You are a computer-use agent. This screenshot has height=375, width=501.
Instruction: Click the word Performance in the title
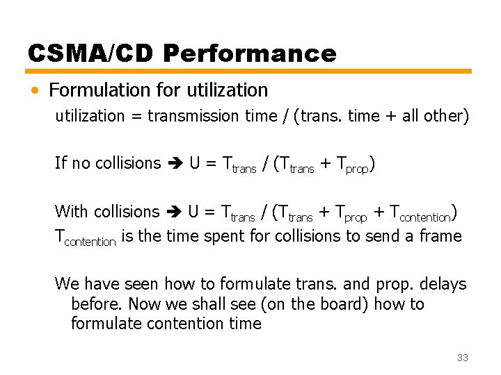[x=255, y=53]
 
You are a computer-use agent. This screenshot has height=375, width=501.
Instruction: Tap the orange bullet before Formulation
[x=35, y=90]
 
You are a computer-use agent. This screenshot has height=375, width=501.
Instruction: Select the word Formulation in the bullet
[x=98, y=90]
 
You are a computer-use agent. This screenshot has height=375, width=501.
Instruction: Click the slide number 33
[x=462, y=358]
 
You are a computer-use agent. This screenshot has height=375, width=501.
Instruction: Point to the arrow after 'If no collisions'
[x=174, y=164]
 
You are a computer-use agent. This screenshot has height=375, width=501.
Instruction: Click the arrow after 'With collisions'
[x=173, y=212]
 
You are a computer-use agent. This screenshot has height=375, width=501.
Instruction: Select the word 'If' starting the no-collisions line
[x=61, y=163]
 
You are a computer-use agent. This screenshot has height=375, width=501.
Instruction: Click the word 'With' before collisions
[x=71, y=211]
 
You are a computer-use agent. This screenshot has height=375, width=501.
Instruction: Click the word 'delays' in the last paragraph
[x=443, y=284]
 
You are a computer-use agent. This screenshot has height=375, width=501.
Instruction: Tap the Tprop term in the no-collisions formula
[x=352, y=165]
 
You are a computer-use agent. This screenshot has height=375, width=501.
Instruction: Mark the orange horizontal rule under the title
[x=249, y=71]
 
